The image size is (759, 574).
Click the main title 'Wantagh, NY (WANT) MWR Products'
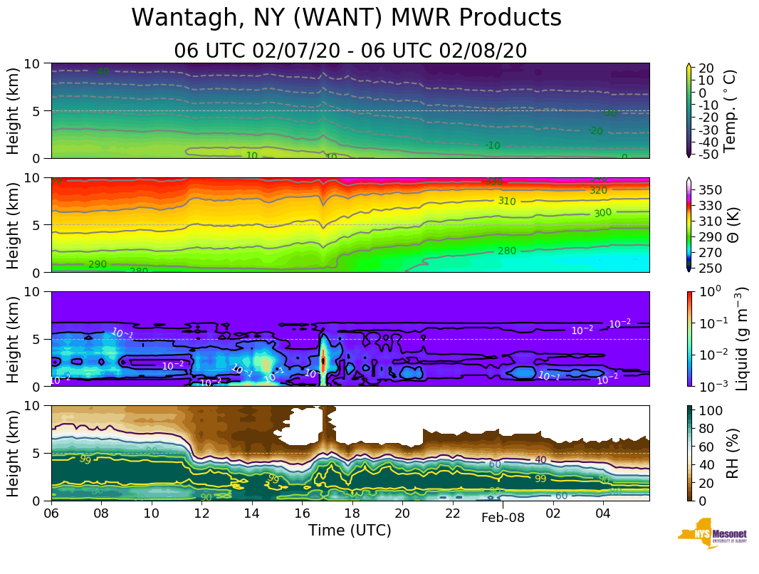click(347, 18)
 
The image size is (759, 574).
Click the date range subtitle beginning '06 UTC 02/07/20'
click(350, 51)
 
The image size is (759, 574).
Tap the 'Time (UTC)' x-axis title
click(350, 531)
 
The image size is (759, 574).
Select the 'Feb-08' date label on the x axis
click(503, 518)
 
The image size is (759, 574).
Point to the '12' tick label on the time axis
click(202, 513)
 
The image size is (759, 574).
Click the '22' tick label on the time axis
click(453, 513)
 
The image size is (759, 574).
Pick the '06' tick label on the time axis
click(51, 513)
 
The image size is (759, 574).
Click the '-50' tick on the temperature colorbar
click(708, 155)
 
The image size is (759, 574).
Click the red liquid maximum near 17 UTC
click(323, 361)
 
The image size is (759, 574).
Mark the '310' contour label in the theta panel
click(506, 202)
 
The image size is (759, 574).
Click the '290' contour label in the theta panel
click(98, 264)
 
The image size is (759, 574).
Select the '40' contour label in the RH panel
click(540, 460)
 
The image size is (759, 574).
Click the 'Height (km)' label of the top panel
click(14, 110)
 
